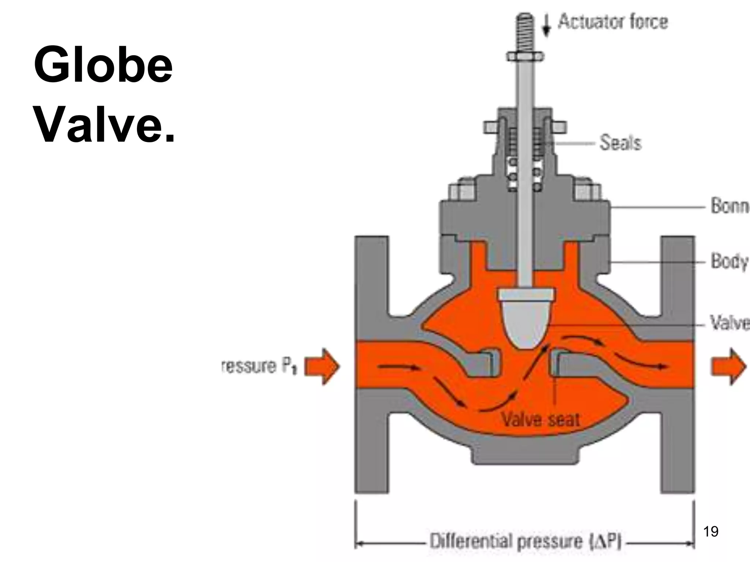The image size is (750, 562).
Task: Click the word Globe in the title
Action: coord(103,65)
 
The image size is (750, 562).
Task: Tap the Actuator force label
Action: coord(612,22)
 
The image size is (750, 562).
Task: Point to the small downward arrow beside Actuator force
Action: coord(546,26)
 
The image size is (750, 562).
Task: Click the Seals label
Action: coord(620,143)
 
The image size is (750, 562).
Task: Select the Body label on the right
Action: coord(729,261)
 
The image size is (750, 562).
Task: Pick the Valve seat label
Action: coord(540,419)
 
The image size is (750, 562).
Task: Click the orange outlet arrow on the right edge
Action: coord(729,366)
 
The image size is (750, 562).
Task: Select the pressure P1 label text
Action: coord(259,366)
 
